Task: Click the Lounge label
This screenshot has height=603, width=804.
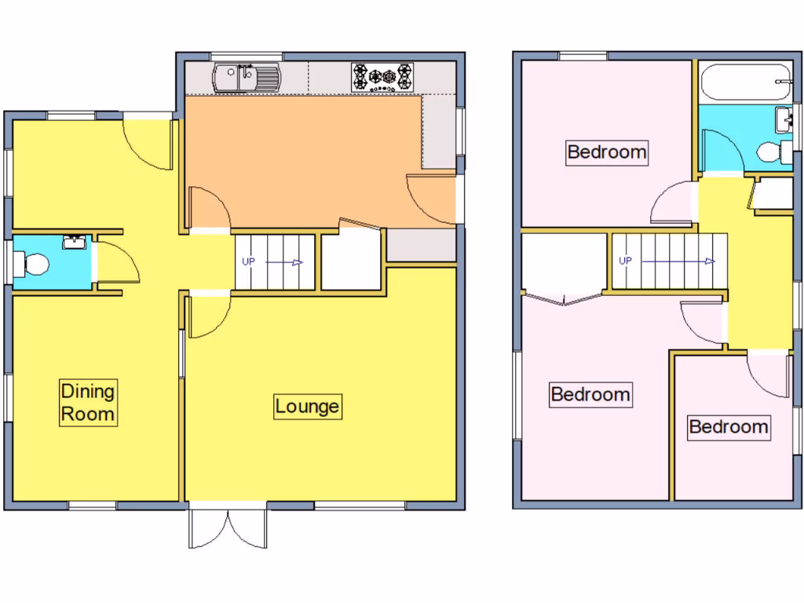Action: pos(308,407)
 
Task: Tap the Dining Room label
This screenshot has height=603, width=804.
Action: pos(88,402)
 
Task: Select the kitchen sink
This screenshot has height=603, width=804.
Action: pos(246,77)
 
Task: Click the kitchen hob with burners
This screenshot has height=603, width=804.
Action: pos(382,77)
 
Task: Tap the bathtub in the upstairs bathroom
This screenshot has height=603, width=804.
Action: pos(744,83)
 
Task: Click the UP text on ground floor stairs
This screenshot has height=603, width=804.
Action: pos(248,262)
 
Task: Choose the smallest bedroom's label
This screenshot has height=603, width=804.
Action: pos(728,427)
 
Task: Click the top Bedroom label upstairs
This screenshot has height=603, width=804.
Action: pos(607,152)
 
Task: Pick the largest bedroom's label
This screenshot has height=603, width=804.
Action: pos(590,394)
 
